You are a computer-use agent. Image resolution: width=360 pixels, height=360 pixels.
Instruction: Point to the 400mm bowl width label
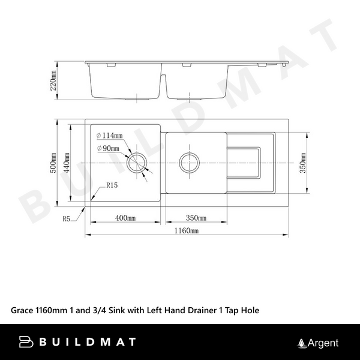coord(125,217)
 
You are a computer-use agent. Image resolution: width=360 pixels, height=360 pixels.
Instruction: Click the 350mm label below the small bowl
coord(196,217)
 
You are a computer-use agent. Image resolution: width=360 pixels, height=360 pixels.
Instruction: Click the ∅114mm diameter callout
coord(110,136)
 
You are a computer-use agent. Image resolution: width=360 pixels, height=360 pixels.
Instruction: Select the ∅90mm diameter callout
coord(108,149)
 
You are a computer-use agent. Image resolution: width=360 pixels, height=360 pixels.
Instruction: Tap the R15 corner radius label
coord(112,186)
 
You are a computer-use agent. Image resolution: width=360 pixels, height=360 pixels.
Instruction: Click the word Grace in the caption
coord(23,310)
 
